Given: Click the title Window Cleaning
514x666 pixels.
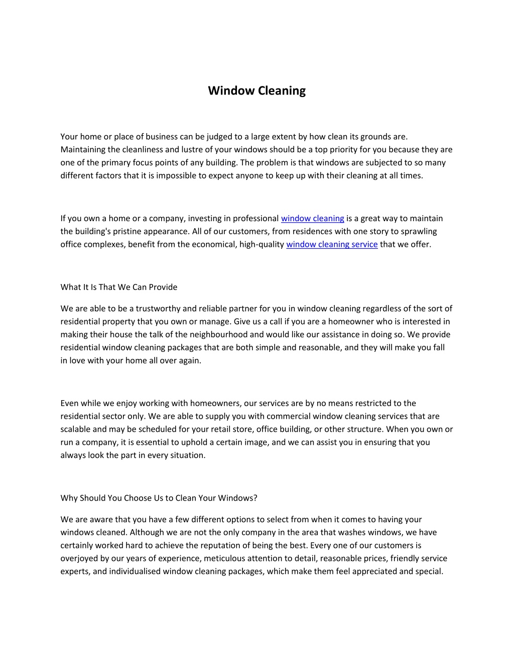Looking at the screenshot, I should click(256, 90).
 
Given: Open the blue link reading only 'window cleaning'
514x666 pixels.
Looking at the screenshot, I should click(312, 218).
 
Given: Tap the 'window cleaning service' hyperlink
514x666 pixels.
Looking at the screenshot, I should click(331, 244).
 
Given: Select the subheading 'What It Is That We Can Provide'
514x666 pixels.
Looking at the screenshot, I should click(119, 287).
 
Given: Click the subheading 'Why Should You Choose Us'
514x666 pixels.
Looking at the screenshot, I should click(159, 498).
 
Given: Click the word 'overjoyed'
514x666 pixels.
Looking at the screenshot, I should click(78, 558).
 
